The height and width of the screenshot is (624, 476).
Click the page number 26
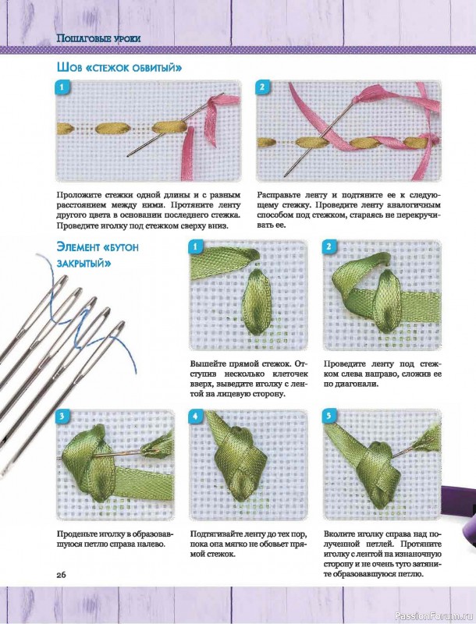point(62,575)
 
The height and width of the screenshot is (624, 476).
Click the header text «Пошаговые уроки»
point(98,38)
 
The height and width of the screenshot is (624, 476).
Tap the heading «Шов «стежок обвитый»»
point(119,67)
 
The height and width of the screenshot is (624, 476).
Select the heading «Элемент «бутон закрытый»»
point(98,255)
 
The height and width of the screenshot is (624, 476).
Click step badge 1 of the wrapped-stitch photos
point(62,87)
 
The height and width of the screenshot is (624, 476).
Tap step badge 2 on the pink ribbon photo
point(262,87)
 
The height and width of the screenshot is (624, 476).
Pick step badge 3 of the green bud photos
point(62,417)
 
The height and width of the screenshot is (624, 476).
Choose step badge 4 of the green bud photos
point(195,417)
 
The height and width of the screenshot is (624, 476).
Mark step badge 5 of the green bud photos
point(329,417)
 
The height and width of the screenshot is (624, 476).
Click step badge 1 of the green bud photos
point(195,246)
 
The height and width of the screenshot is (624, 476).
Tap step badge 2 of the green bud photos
point(329,246)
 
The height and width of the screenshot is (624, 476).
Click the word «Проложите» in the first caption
point(79,196)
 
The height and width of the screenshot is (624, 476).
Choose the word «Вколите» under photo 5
point(340,534)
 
